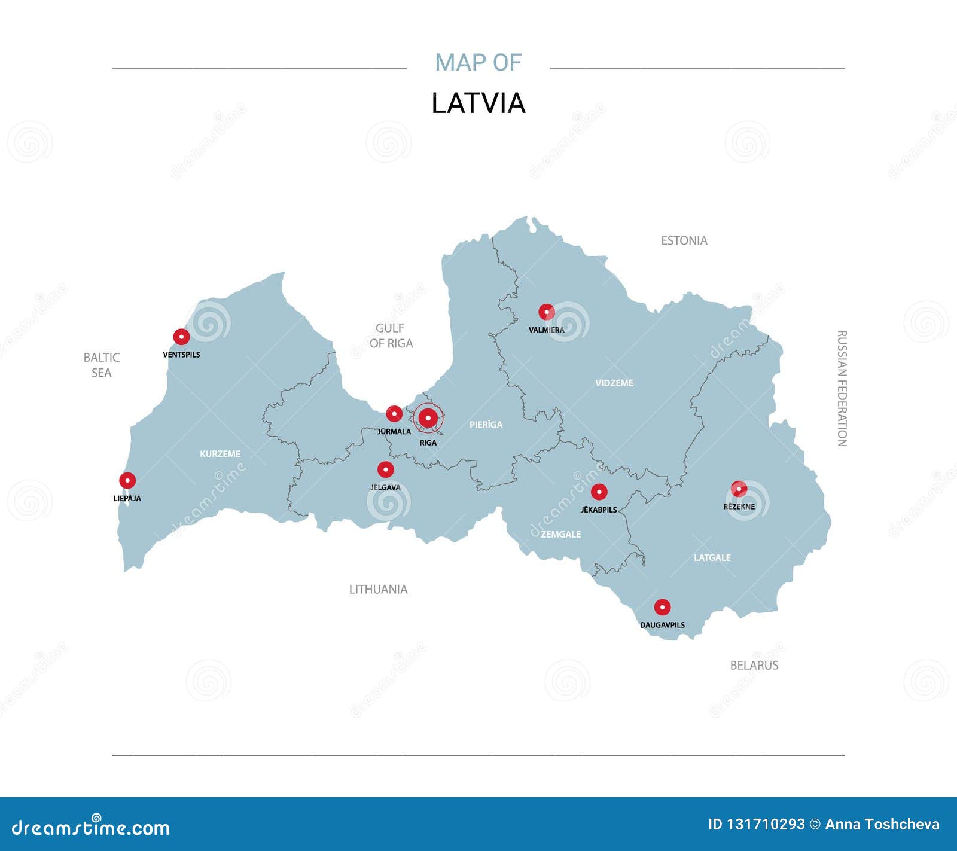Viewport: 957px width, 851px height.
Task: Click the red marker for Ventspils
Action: click(x=181, y=337)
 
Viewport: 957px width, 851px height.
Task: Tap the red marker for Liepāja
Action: click(x=127, y=480)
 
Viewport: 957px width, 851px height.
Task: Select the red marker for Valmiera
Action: click(x=546, y=312)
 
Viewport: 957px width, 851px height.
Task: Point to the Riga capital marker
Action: click(x=428, y=418)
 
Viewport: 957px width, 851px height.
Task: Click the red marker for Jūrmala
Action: click(x=394, y=413)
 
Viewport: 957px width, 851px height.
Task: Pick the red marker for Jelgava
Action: click(x=386, y=469)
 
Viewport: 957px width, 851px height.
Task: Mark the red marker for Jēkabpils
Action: click(x=599, y=492)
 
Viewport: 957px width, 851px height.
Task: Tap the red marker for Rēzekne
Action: click(x=739, y=489)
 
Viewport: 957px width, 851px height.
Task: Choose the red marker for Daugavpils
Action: click(x=662, y=608)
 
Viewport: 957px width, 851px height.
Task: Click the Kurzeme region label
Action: click(x=220, y=454)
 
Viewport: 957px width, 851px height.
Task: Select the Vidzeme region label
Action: click(x=614, y=383)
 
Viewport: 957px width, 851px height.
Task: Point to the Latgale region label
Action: click(x=712, y=557)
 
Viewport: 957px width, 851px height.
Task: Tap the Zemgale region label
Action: click(x=560, y=534)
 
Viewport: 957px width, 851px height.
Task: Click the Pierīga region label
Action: click(x=486, y=425)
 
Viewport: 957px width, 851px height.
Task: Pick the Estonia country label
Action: click(x=684, y=240)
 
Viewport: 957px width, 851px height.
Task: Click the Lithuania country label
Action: click(x=378, y=589)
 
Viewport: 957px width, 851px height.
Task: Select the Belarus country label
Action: click(x=754, y=665)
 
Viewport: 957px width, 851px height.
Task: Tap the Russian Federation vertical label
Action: click(x=842, y=388)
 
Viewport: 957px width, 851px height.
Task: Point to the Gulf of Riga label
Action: click(x=391, y=335)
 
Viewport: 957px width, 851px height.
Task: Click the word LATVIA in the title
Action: click(x=478, y=103)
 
